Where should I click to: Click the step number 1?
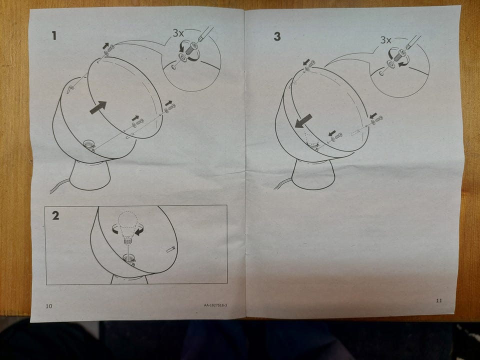coord(54,36)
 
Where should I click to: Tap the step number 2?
coord(55,215)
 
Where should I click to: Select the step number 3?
coord(277,36)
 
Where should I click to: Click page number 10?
coord(49,306)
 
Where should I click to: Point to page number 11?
coord(439,300)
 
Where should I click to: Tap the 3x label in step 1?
coord(178,33)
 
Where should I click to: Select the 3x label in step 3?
coord(385,40)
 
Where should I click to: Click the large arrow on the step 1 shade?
coord(98,107)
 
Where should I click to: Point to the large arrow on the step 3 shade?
coord(303,121)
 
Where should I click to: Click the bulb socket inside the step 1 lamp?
coord(89,144)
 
